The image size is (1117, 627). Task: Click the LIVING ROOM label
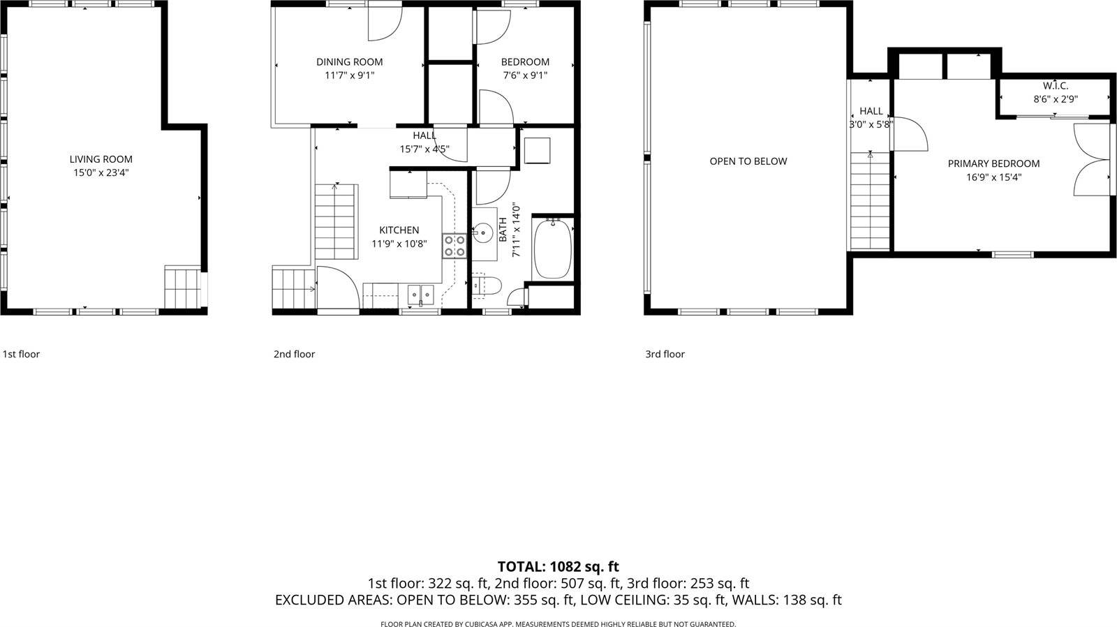pos(101,159)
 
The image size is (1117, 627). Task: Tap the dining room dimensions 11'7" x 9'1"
pos(349,75)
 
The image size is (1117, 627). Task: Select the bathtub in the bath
pos(552,249)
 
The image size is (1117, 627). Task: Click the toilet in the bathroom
pos(487,285)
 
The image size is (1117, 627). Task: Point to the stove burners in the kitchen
pos(454,246)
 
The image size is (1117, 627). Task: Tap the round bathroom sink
pos(482,233)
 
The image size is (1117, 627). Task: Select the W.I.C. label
pos(1056,86)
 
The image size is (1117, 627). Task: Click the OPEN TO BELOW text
pos(748,161)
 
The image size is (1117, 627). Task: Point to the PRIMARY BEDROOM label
pos(993,163)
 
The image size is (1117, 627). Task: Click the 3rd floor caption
pos(665,354)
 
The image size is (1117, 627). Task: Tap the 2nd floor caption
pos(294,354)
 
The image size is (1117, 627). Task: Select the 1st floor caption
pos(21,354)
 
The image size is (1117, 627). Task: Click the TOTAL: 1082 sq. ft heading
pos(558,566)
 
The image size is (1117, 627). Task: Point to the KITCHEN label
pos(399,230)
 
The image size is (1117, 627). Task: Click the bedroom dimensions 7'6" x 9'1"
pos(525,75)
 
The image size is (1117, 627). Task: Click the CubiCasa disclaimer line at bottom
pos(558,624)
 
